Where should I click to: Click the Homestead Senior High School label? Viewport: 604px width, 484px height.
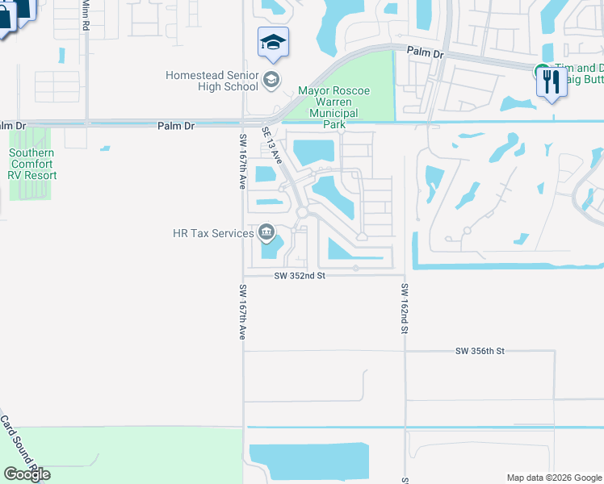[x=212, y=81]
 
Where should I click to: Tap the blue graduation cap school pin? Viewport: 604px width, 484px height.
[x=273, y=42]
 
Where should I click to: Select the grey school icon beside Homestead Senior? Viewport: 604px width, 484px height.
[x=271, y=79]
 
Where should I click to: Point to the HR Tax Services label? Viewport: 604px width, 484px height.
[x=213, y=234]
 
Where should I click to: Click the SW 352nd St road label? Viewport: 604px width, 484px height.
[x=299, y=275]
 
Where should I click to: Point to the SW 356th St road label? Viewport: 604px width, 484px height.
[x=480, y=351]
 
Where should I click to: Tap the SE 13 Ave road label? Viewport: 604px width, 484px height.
[x=272, y=145]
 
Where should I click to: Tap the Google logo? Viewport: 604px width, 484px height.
[x=27, y=474]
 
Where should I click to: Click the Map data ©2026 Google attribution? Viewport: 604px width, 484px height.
[x=553, y=478]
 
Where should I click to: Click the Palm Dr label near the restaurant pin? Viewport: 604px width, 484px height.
[x=426, y=52]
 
